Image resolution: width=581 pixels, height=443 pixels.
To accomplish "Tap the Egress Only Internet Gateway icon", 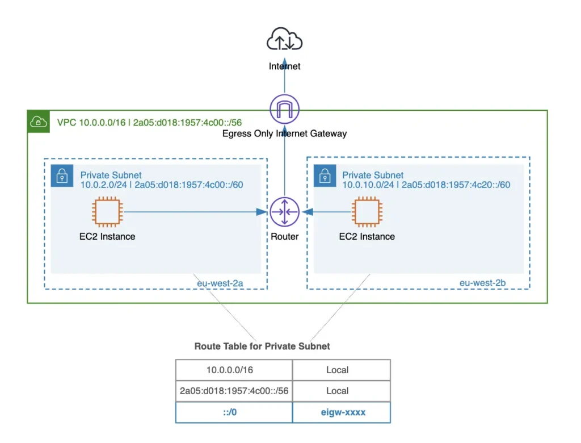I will (285, 109).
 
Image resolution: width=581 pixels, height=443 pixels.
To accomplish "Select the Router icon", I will (284, 212).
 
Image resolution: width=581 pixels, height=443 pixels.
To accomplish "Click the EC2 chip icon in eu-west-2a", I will (107, 212).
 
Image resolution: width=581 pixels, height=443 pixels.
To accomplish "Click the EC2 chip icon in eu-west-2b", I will (367, 212).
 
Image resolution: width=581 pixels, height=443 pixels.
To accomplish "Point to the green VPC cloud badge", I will (38, 122).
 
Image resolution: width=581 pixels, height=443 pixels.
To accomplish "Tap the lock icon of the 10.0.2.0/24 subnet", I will (62, 176).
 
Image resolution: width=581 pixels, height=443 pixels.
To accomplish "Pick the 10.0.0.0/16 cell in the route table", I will (233, 370).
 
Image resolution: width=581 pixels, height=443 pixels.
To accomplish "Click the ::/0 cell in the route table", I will (233, 412).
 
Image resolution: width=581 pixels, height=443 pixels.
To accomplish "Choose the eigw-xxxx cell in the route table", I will (341, 412).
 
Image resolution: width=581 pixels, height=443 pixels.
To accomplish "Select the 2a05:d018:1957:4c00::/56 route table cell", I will (233, 391).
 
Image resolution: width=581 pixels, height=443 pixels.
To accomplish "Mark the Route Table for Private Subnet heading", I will (262, 346).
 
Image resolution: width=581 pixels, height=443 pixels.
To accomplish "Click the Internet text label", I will (285, 66).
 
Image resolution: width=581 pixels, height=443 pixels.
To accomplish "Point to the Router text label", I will (284, 236).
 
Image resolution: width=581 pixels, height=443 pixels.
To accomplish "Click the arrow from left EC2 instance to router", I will (193, 212).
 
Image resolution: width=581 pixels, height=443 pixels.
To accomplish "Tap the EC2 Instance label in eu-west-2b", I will (367, 236).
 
